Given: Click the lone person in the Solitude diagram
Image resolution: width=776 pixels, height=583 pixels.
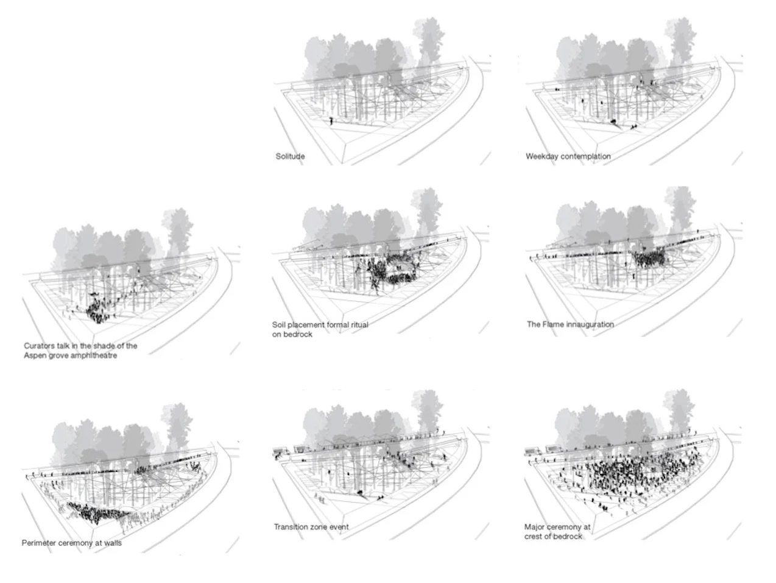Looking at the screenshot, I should point(331,121).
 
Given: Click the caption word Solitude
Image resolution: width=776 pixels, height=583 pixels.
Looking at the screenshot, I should point(290,157).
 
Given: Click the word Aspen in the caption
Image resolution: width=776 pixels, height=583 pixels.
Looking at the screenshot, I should point(35,356).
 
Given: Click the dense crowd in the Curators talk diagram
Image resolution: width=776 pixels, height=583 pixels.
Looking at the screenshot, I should point(96,312).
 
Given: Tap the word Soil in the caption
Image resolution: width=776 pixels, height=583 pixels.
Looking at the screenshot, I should point(278,325).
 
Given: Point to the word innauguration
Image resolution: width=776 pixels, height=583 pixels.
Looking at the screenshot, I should point(590,324).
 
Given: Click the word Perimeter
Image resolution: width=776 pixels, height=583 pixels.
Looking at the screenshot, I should point(39,543).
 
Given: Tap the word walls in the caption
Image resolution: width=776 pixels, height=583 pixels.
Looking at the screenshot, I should point(112,543).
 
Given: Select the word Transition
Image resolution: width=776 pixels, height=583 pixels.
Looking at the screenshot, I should point(290,527).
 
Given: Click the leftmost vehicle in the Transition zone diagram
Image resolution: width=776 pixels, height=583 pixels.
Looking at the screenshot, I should point(280,452).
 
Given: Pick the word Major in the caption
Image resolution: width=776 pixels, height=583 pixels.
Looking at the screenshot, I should point(534,527).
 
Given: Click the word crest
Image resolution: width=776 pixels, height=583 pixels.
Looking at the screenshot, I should point(534,537).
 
